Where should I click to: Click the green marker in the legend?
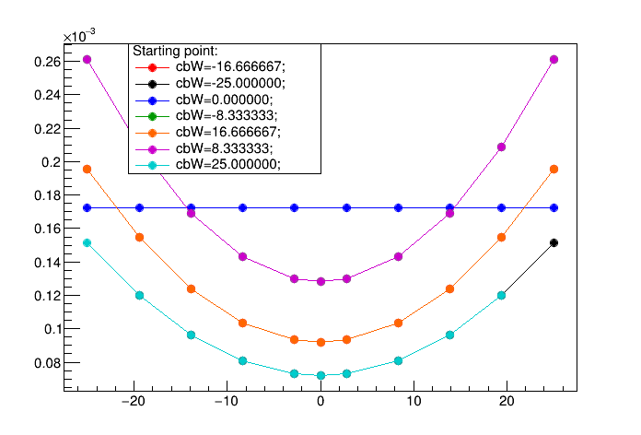(x=152, y=117)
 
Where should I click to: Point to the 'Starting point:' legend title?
(x=175, y=52)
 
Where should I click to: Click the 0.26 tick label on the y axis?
(x=47, y=62)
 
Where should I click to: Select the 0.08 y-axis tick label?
(x=47, y=363)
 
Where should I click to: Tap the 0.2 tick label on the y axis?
(x=51, y=162)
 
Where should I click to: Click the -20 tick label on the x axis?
(x=134, y=401)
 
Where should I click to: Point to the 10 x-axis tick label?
(x=414, y=401)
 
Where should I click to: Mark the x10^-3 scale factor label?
(x=79, y=36)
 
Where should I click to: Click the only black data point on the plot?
(x=554, y=243)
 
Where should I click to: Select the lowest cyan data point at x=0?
(x=320, y=375)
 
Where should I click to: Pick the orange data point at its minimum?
(x=320, y=342)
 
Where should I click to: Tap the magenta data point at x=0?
(x=320, y=281)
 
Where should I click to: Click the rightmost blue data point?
(x=554, y=208)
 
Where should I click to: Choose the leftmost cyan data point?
(x=87, y=243)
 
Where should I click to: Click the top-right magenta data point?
(x=554, y=59)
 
